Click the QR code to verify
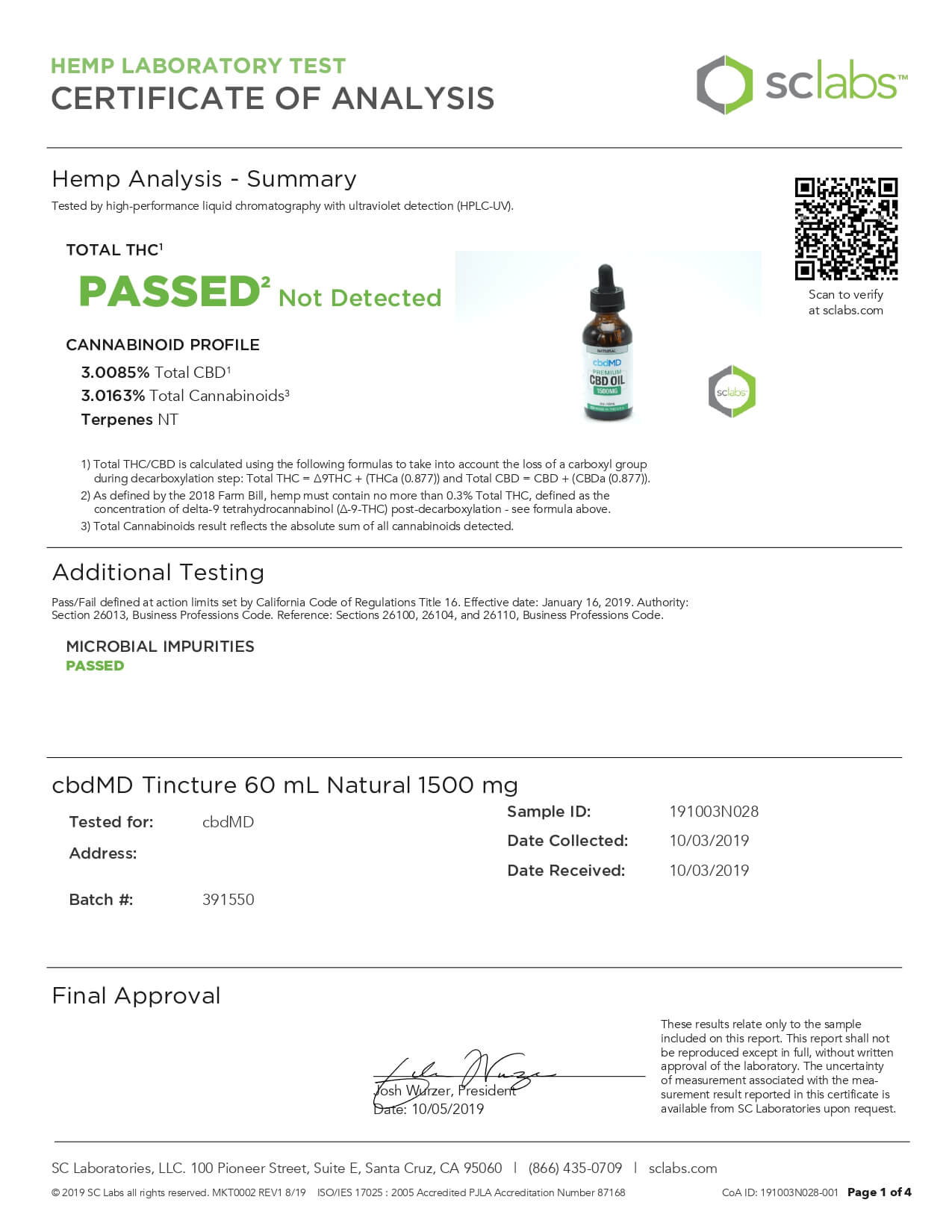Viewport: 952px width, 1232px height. (845, 228)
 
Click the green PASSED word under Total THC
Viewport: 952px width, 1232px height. (169, 291)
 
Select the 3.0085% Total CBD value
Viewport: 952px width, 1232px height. (115, 373)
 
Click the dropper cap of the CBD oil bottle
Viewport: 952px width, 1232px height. (606, 287)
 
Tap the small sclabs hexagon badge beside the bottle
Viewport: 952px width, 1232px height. (732, 391)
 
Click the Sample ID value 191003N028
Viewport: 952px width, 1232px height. (714, 812)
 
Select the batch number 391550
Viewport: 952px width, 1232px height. (228, 900)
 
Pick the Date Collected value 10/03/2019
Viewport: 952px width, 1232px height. (709, 841)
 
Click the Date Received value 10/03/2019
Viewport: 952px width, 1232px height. (709, 871)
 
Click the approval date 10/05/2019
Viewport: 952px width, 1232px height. (447, 1110)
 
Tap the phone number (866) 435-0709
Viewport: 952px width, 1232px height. (575, 1169)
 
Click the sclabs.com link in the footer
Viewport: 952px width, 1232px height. (682, 1169)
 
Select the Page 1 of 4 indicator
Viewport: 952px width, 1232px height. (879, 1192)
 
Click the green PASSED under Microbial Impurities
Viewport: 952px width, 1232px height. (95, 666)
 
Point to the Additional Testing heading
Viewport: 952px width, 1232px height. (158, 573)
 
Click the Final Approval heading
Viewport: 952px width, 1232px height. (136, 996)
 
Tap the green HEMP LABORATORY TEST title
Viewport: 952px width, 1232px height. (198, 66)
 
